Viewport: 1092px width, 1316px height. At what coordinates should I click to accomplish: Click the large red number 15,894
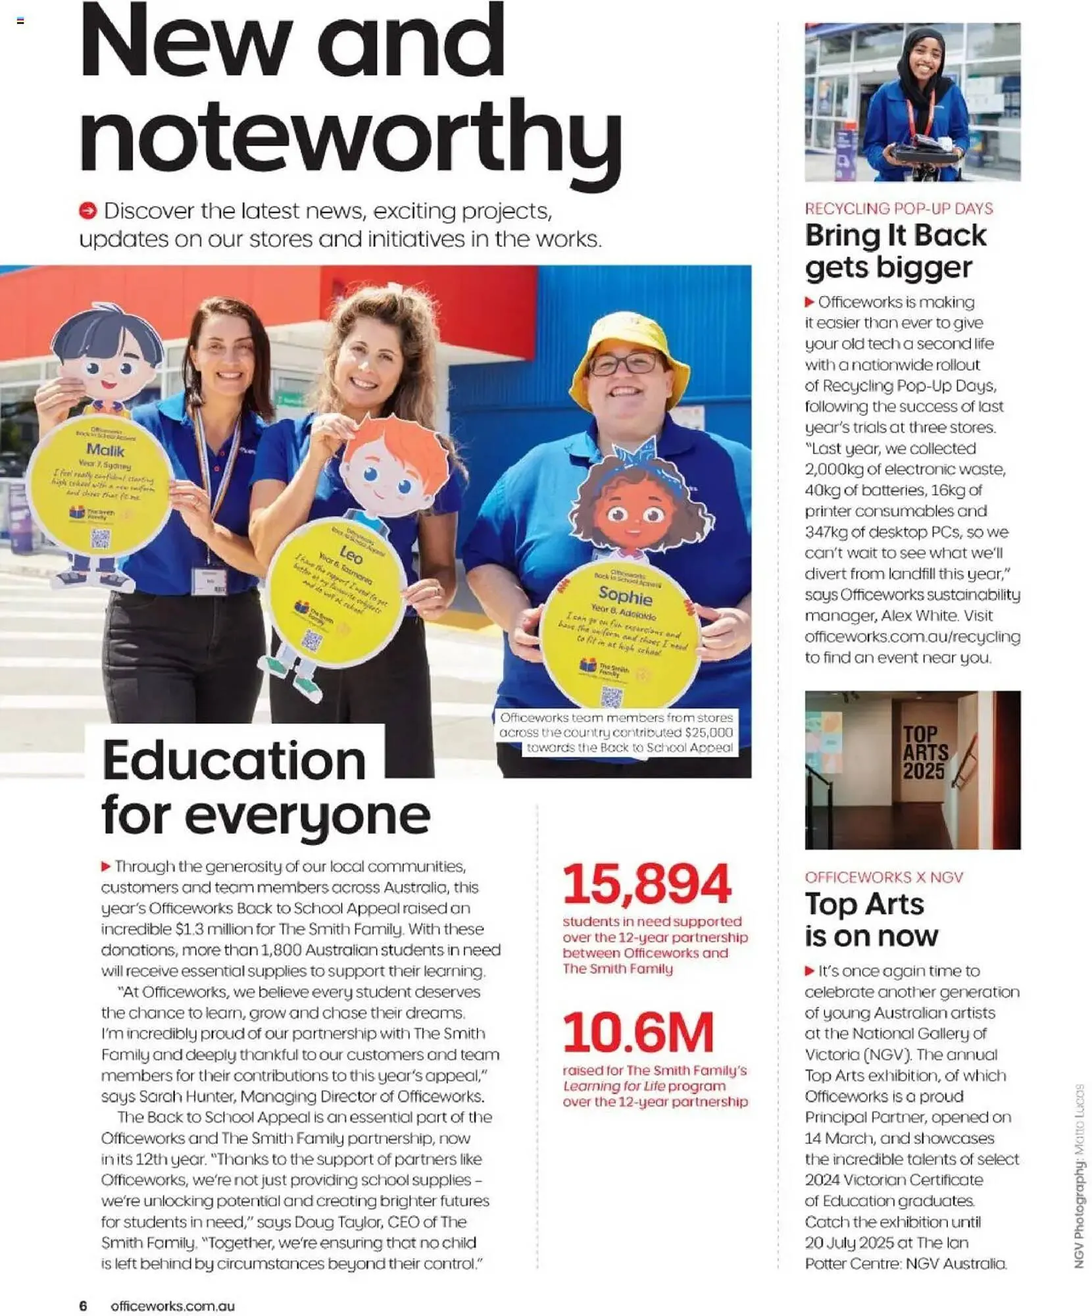tap(646, 884)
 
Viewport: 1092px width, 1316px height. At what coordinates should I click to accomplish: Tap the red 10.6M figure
tap(637, 1032)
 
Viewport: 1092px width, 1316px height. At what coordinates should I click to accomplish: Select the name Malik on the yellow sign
tap(105, 450)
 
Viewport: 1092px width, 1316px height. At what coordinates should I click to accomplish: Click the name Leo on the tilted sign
tap(350, 556)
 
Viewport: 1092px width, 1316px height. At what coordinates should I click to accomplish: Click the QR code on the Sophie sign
tap(611, 696)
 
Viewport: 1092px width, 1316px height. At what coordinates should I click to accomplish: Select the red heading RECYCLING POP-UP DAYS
tap(898, 209)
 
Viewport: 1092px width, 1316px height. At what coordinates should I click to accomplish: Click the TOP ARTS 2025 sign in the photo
tap(924, 752)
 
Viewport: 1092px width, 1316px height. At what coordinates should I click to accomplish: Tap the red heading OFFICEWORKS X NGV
tap(883, 877)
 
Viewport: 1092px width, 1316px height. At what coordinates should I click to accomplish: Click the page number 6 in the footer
tap(83, 1305)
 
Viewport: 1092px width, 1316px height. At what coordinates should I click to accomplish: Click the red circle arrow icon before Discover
tap(87, 211)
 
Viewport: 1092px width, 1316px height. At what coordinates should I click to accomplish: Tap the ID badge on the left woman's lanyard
tap(209, 581)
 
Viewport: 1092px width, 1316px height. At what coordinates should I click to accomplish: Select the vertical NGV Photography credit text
tap(1078, 1175)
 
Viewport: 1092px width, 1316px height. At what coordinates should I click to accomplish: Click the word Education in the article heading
tap(234, 760)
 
